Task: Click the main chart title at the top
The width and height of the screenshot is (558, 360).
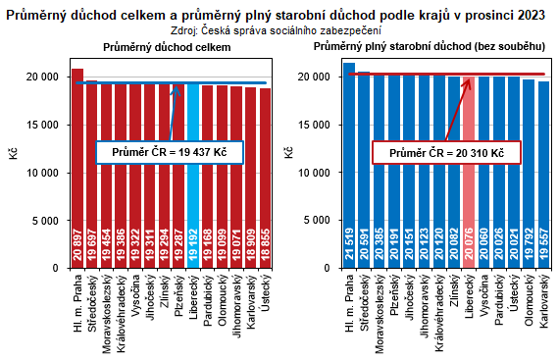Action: point(279,12)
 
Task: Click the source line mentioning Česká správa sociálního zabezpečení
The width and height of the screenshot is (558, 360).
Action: point(279,29)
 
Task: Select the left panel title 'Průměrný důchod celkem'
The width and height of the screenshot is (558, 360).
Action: point(167,47)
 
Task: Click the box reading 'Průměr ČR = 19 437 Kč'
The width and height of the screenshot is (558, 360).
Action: point(170,153)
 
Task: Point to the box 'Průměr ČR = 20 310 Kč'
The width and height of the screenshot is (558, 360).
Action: point(446,154)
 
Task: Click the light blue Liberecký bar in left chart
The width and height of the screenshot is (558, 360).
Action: point(193,177)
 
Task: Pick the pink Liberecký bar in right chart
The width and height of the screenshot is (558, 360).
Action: point(469,172)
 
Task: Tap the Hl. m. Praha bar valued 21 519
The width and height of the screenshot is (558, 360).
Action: point(349,167)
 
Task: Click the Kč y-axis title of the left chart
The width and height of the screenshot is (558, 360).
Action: point(27,153)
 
